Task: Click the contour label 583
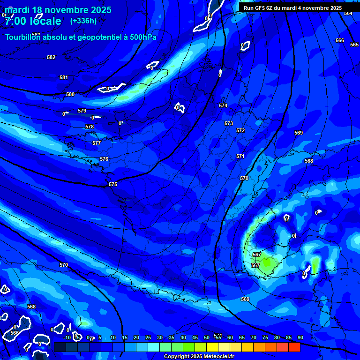coord(37,35)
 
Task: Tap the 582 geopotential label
coord(51,57)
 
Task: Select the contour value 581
coord(64,77)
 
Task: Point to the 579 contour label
coord(82,111)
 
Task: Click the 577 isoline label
coord(97,143)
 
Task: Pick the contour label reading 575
coord(113,184)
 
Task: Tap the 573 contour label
coord(229,123)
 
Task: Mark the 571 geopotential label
coord(240,156)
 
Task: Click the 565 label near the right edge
coord(354,45)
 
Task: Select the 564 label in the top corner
coord(348,13)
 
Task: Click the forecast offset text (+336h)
coord(83,21)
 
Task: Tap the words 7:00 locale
coord(33,21)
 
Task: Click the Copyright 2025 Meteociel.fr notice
coord(199,356)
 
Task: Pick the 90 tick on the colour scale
coord(300,337)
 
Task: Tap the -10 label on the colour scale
coord(67,337)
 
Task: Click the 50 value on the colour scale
coord(207,337)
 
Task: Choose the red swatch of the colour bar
coord(294,347)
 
